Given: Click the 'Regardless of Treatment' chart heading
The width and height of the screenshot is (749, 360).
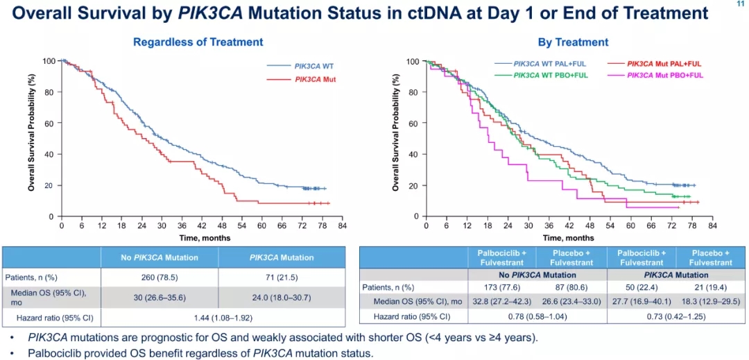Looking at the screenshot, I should pos(198,42).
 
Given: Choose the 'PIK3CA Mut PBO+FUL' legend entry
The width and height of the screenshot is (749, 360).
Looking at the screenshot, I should pos(664,74).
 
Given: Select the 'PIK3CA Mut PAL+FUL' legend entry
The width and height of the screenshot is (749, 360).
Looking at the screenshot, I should pos(664,63).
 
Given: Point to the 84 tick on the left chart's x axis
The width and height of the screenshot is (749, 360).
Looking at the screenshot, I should pos(342,226).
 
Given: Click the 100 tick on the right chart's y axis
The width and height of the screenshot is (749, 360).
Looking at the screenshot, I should pos(412,62).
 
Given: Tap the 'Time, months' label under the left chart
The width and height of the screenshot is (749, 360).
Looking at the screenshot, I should pos(202,238).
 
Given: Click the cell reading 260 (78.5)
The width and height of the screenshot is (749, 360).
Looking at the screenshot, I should pos(160,277).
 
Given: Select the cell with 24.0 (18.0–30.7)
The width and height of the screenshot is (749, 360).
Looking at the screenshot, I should pos(282,297).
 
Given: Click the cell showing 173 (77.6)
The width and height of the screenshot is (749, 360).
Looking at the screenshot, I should pos(503,287).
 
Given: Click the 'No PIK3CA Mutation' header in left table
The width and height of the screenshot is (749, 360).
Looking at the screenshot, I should pos(160,257).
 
